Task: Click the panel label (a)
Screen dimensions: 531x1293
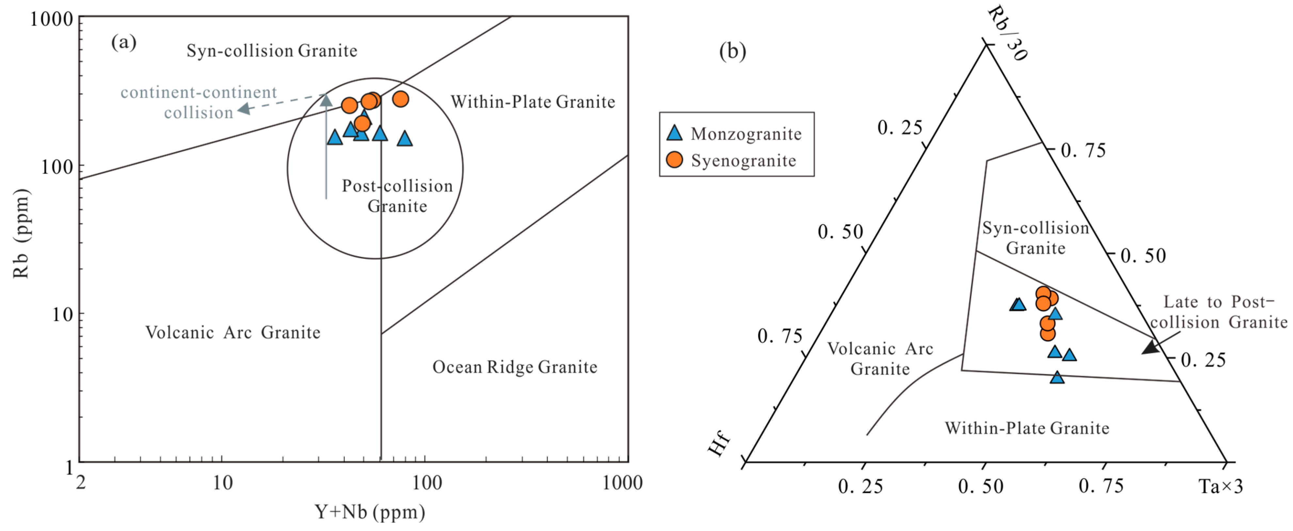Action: (x=123, y=42)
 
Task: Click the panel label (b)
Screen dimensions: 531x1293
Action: (x=732, y=51)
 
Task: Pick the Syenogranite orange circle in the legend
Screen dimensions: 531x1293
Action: (x=674, y=160)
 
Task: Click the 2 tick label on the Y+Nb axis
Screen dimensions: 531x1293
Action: (x=80, y=483)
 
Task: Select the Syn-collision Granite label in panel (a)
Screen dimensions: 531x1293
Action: (x=272, y=51)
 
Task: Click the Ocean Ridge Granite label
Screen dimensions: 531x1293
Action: (x=515, y=367)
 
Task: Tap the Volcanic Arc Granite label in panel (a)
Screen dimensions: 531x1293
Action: (x=233, y=333)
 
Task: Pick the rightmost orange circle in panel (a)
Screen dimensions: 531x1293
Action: (x=400, y=99)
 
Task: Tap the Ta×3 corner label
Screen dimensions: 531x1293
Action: (x=1220, y=486)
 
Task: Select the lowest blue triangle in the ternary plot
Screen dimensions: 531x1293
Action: (x=1057, y=377)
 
